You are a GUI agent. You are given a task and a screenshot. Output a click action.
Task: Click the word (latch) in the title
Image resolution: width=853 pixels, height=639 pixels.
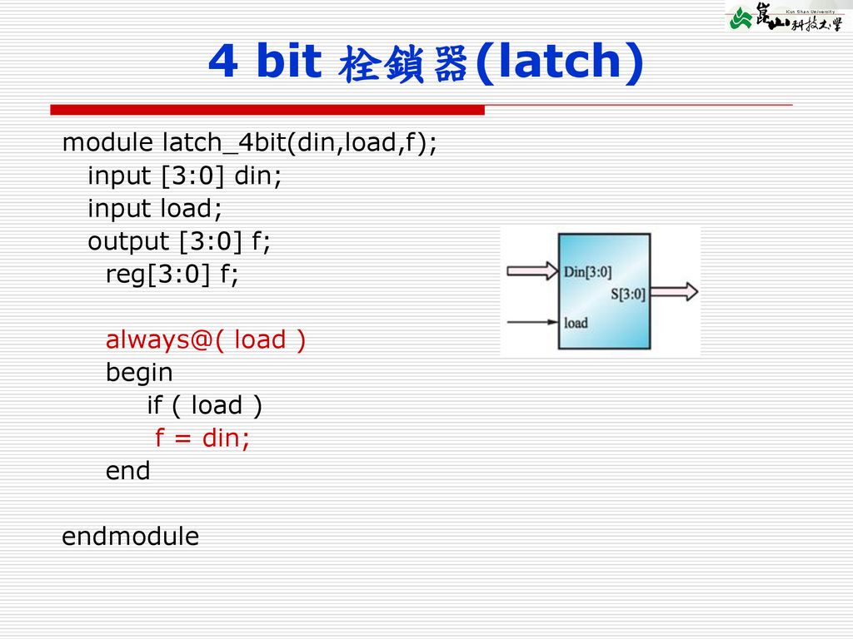tap(558, 62)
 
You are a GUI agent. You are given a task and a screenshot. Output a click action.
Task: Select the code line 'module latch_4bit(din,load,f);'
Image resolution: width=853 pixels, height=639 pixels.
tap(249, 144)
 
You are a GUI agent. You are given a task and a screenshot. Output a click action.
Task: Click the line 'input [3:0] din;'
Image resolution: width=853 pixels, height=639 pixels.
tap(185, 176)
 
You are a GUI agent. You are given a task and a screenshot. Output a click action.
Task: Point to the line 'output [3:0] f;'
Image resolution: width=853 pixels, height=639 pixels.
tap(179, 242)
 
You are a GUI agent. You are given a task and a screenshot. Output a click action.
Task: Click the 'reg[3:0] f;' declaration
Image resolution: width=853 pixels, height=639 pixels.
tap(172, 275)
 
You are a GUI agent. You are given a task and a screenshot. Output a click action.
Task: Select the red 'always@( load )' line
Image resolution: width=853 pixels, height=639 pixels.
tap(205, 340)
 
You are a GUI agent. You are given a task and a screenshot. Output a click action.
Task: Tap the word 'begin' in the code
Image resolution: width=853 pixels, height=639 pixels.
tap(139, 373)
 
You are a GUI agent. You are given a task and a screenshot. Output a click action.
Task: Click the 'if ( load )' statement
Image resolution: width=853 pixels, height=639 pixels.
tap(204, 406)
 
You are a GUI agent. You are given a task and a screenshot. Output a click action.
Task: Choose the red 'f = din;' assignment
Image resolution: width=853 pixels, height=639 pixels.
tap(202, 438)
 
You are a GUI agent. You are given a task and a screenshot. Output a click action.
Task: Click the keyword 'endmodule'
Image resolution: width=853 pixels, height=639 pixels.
tap(131, 537)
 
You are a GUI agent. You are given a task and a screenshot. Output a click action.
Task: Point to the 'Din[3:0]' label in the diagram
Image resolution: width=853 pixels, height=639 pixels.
tap(588, 272)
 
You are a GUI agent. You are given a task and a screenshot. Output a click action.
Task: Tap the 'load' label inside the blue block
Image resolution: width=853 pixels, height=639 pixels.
tap(576, 323)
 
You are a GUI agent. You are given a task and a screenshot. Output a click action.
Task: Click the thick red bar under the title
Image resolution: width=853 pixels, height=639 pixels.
tap(267, 110)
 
